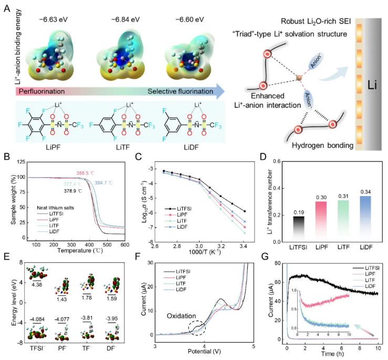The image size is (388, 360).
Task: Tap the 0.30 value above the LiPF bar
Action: (x=305, y=197)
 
